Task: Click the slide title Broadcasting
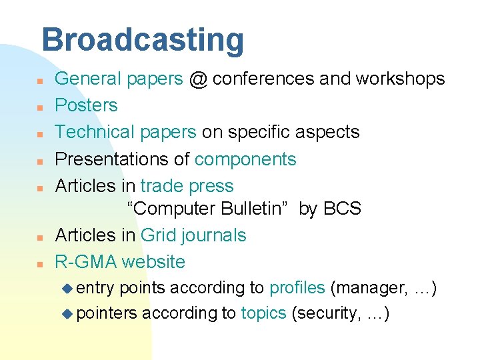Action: click(143, 40)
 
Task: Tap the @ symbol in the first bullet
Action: click(198, 79)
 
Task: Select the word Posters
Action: click(86, 105)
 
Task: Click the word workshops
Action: click(400, 79)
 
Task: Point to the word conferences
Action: click(263, 79)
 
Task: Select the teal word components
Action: click(245, 160)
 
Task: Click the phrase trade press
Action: click(187, 186)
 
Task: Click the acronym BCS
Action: click(342, 209)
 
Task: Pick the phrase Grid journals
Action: click(193, 235)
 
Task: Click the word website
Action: click(154, 261)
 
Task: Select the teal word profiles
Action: click(297, 288)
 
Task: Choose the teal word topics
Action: click(264, 313)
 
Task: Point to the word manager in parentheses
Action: click(369, 288)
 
